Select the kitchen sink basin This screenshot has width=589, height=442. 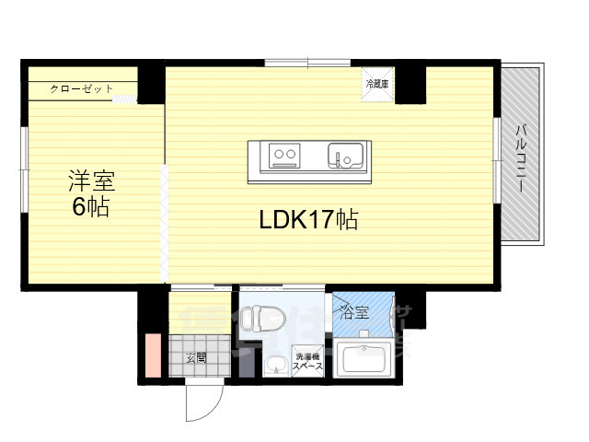[x=348, y=156]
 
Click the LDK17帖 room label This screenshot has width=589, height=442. [x=307, y=220]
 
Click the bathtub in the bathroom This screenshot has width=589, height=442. [x=364, y=360]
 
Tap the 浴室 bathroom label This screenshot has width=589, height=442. [x=355, y=310]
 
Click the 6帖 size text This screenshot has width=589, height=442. [x=91, y=207]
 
